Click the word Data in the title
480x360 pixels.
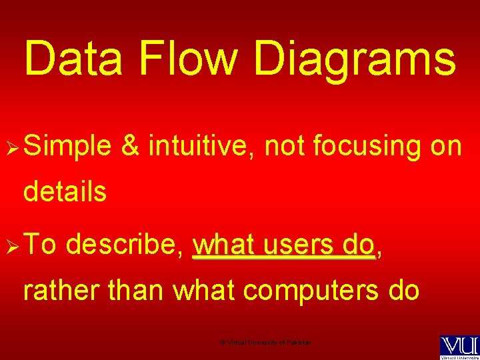74,58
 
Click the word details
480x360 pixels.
65,192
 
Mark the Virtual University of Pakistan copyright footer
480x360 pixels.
265,342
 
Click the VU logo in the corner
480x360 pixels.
459,346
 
